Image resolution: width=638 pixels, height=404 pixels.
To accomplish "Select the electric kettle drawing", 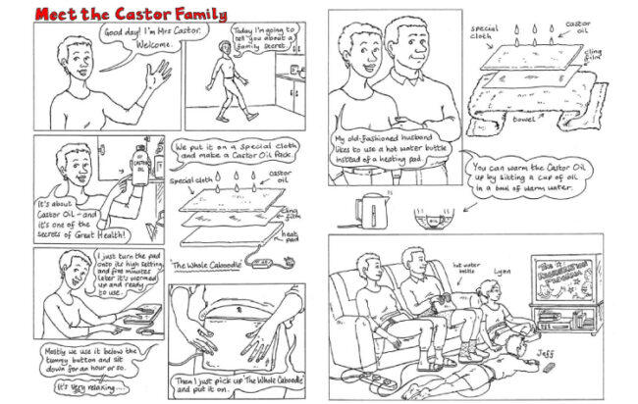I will tap(371, 210).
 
